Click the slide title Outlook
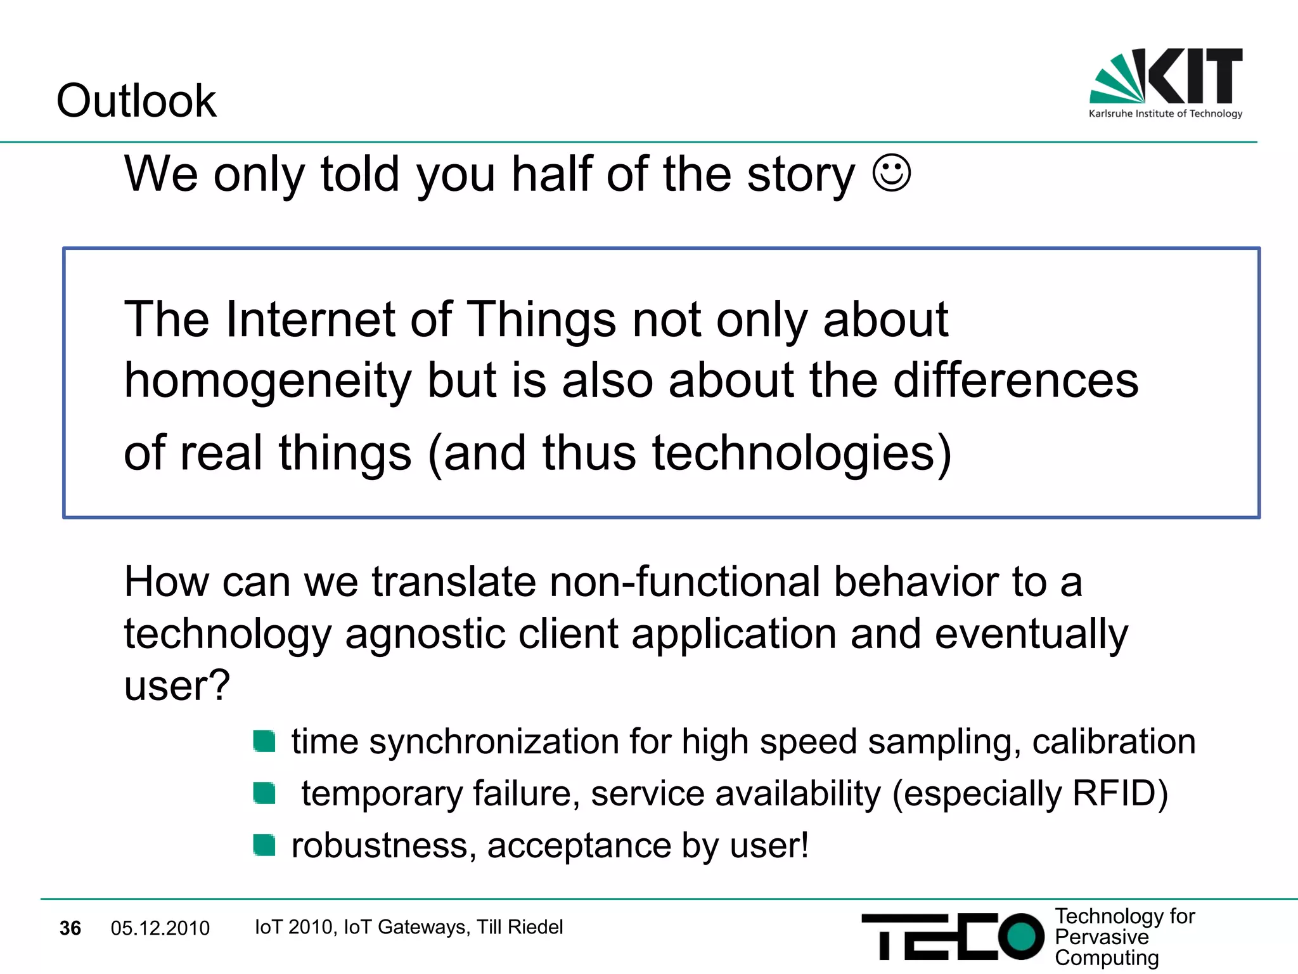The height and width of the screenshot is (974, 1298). (x=136, y=101)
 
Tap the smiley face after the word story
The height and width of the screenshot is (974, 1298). (x=891, y=172)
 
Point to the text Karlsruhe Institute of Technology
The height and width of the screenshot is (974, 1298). (x=1165, y=114)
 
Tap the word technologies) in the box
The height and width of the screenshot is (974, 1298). (x=802, y=453)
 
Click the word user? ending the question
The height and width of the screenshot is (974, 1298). (x=177, y=686)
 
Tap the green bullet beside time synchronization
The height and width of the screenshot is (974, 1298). (x=264, y=741)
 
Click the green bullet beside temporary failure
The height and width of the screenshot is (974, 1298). (x=264, y=793)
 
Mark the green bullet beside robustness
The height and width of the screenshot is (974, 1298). (x=264, y=845)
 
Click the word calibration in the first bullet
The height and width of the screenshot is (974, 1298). (x=1114, y=741)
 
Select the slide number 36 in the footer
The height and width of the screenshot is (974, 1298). (x=70, y=928)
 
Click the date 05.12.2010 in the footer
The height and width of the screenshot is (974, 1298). (x=160, y=928)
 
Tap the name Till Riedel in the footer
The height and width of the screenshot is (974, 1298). (x=520, y=927)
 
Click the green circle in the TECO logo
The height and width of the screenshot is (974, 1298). (x=1021, y=936)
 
